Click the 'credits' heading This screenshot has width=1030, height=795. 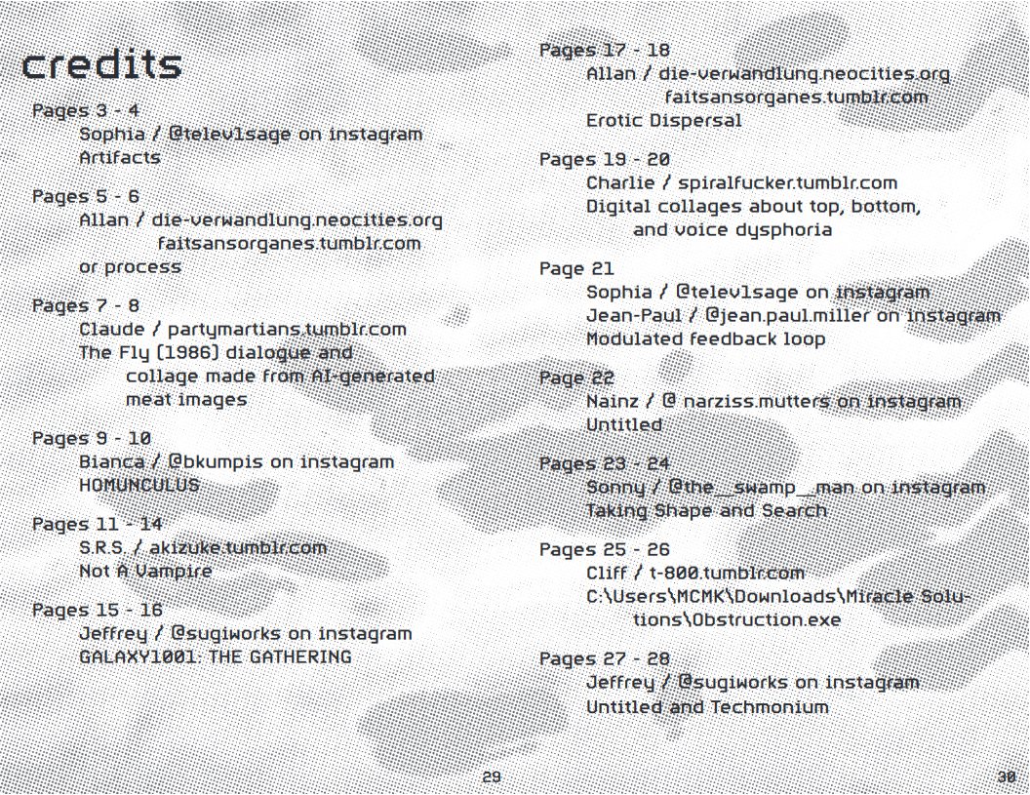101,64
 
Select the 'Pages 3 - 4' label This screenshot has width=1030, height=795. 86,110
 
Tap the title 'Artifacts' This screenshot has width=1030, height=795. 120,157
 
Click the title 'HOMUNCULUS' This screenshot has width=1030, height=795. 139,485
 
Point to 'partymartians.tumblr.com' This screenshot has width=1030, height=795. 287,330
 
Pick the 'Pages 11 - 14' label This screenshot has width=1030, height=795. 98,524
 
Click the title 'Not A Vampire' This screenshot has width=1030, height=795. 144,571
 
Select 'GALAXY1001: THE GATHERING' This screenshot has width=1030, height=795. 215,656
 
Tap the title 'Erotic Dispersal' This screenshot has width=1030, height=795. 663,121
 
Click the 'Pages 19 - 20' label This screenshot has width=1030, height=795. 605,159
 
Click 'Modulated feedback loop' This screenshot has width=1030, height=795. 705,338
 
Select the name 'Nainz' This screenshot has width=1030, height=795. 613,401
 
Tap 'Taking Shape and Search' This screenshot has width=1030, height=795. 706,510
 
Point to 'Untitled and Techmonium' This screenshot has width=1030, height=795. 707,706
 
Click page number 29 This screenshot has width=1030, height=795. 492,776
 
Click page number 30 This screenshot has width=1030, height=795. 1007,776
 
